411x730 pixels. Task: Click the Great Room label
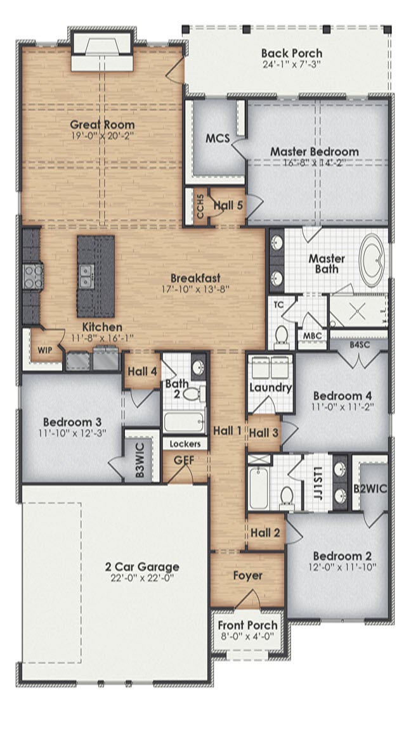tap(102, 124)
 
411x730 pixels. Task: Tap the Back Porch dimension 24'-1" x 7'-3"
tap(291, 65)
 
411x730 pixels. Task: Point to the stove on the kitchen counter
tap(32, 277)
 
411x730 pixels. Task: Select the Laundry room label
tap(270, 387)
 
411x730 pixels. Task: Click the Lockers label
tap(185, 444)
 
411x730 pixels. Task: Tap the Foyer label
tap(247, 576)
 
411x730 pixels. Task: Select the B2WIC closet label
tap(370, 489)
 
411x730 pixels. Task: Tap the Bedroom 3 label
tap(72, 422)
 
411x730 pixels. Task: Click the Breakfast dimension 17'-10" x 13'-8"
tap(195, 289)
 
